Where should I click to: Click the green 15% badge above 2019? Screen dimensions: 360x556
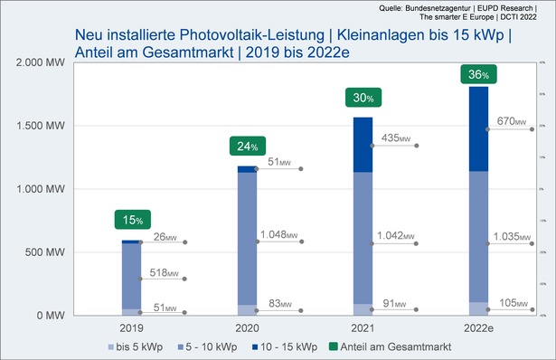click(133, 219)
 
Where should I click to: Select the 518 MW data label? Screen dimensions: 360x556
click(163, 272)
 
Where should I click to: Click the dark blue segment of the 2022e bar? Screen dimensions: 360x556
click(477, 129)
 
